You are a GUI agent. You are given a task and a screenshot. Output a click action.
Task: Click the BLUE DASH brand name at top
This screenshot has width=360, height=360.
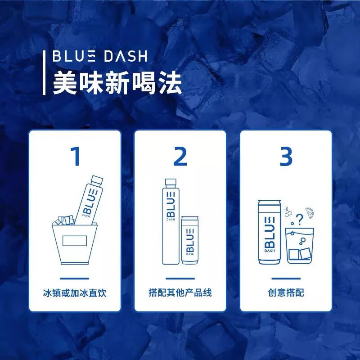[99, 57]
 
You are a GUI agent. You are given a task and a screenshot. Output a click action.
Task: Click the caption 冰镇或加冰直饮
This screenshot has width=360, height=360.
[75, 293]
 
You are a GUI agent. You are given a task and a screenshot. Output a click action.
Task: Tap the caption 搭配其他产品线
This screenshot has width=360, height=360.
[180, 293]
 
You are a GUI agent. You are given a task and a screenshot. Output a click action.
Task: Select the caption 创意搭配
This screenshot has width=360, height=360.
[286, 293]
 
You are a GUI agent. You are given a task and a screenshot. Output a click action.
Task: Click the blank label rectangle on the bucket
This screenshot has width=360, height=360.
[75, 241]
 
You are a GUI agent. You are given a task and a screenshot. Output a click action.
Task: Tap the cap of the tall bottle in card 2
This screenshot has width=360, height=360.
[170, 183]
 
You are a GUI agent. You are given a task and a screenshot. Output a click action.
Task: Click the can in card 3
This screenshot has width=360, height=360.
[269, 232]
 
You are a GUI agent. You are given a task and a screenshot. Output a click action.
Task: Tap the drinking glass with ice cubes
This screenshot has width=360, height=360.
[299, 245]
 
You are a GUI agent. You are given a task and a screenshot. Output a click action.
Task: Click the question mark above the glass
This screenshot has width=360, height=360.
[300, 219]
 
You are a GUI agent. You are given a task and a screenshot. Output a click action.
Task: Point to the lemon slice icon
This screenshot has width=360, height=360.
[310, 211]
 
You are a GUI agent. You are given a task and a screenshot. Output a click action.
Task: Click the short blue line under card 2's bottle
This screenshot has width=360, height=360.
[180, 278]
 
